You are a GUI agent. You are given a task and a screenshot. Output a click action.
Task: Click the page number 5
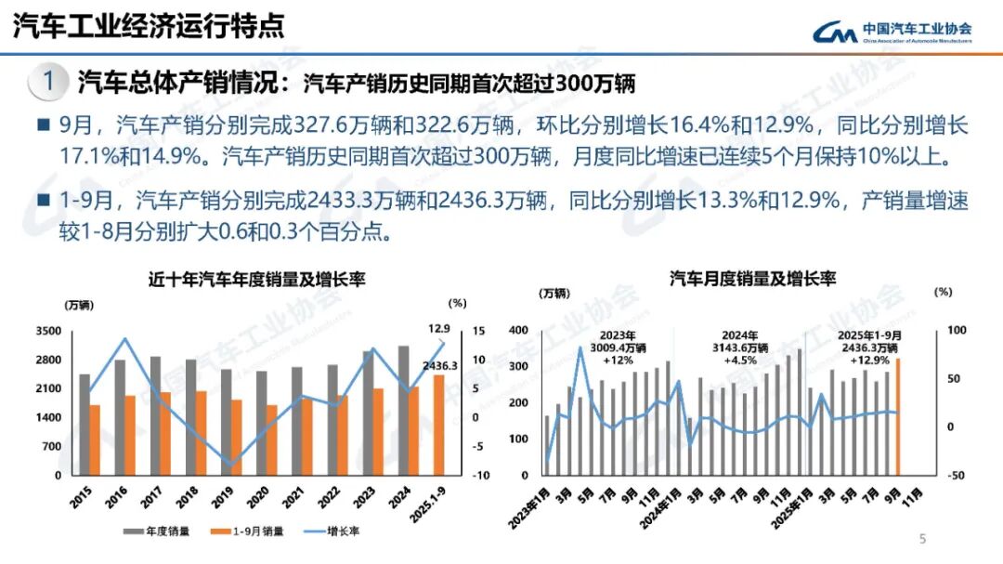[922, 538]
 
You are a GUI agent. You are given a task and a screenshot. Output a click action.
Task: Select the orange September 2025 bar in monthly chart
[898, 415]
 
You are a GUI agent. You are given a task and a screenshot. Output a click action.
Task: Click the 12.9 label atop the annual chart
[439, 329]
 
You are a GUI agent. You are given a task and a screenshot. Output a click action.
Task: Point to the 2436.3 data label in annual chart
[440, 366]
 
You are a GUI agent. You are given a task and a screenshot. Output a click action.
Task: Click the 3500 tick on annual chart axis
[48, 331]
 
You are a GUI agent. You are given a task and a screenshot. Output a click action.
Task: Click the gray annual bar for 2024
[402, 410]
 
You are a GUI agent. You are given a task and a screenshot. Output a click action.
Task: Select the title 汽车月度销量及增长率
[752, 280]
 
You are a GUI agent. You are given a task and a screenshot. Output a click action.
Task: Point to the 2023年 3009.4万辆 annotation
[618, 347]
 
